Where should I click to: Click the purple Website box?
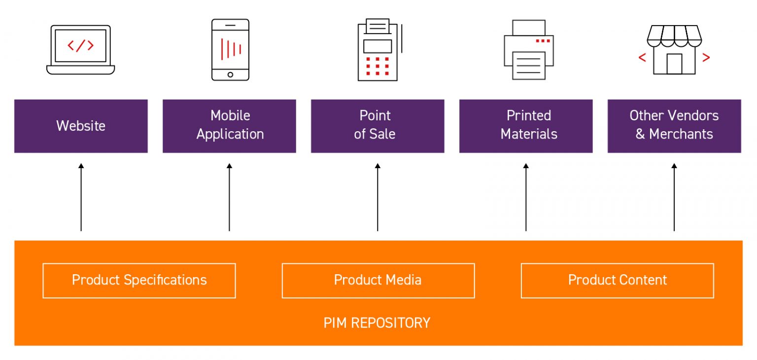pos(81,126)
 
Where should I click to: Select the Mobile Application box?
pos(229,126)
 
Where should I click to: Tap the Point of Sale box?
pos(378,126)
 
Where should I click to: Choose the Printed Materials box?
pos(526,126)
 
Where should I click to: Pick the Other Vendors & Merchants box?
pos(674,126)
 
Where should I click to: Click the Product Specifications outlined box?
pos(139,281)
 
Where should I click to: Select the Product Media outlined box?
pos(378,281)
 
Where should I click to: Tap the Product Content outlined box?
pos(617,281)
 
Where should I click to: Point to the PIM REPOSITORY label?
pos(377,323)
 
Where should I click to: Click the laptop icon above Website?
pos(81,50)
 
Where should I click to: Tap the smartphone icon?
pos(230,49)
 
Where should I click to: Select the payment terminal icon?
pos(378,49)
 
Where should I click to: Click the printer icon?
pos(529,49)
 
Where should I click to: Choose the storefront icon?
pos(674,50)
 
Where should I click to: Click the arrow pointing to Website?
pos(81,197)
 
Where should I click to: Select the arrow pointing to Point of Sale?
pos(378,197)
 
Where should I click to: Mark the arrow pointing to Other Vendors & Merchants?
pos(674,197)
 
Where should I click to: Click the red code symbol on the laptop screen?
pos(80,45)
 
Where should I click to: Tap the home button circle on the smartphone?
pos(230,74)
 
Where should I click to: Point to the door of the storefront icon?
pos(674,64)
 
